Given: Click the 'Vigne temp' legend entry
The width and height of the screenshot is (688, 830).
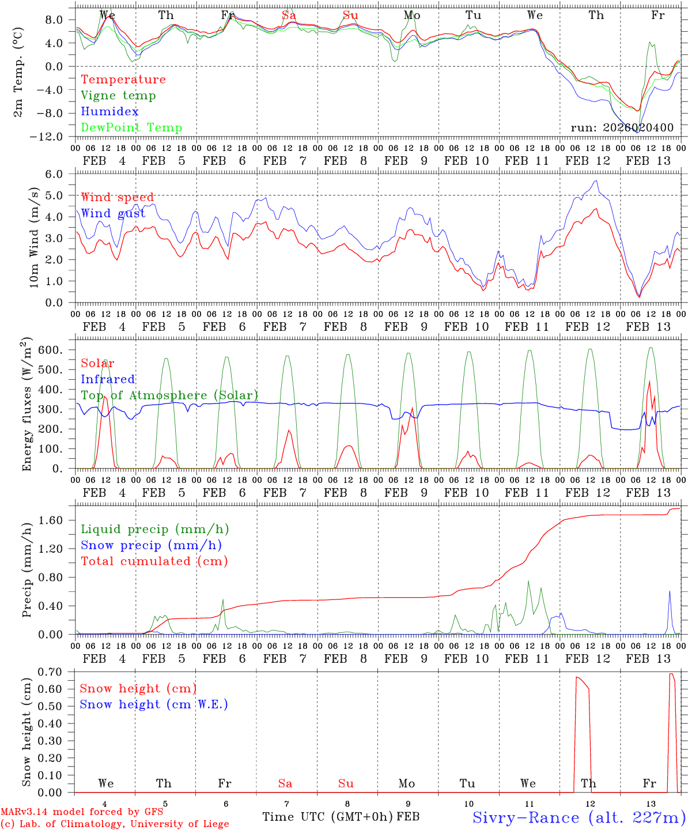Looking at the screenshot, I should (x=118, y=96).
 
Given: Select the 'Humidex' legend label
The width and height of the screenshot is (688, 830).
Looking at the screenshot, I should (x=109, y=112).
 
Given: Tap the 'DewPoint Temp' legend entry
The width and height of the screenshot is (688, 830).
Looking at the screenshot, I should (x=131, y=128).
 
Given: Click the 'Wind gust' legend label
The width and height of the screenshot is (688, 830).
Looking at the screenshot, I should (x=113, y=213).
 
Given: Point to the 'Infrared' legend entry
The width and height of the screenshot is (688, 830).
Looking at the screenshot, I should (x=108, y=379).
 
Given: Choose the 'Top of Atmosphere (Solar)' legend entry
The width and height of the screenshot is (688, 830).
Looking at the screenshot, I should (x=169, y=395).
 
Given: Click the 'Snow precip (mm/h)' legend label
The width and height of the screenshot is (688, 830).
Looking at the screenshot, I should (x=151, y=545).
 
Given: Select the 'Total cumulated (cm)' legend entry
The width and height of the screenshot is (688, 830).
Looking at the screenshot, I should (x=154, y=561).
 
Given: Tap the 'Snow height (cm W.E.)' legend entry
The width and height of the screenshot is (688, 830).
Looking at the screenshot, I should (x=154, y=704).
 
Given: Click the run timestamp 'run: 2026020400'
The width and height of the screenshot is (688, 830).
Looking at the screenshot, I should (x=622, y=128).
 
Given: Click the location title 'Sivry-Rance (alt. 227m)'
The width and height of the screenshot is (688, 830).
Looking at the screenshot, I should (x=579, y=817).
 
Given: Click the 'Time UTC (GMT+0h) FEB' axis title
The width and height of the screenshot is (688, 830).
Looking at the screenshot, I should (x=341, y=817).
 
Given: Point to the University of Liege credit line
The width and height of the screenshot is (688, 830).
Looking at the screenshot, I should (x=115, y=824).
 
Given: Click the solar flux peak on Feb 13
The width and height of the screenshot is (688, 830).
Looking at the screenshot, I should (x=649, y=381).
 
